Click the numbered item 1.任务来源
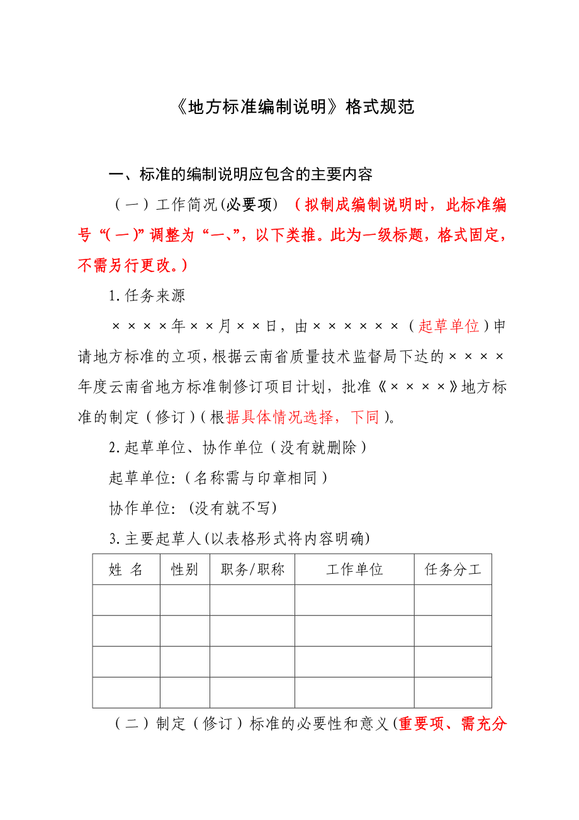(x=147, y=295)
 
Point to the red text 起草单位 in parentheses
(x=449, y=326)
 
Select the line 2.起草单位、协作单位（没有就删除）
(x=237, y=448)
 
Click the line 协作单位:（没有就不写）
(x=193, y=508)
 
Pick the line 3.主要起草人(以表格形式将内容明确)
(x=240, y=538)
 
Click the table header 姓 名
(x=126, y=570)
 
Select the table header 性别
(x=184, y=570)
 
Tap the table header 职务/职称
(x=252, y=570)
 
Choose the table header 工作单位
(x=354, y=570)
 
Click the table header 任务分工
(x=453, y=570)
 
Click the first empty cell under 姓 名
(x=126, y=600)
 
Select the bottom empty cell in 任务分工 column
(x=453, y=692)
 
